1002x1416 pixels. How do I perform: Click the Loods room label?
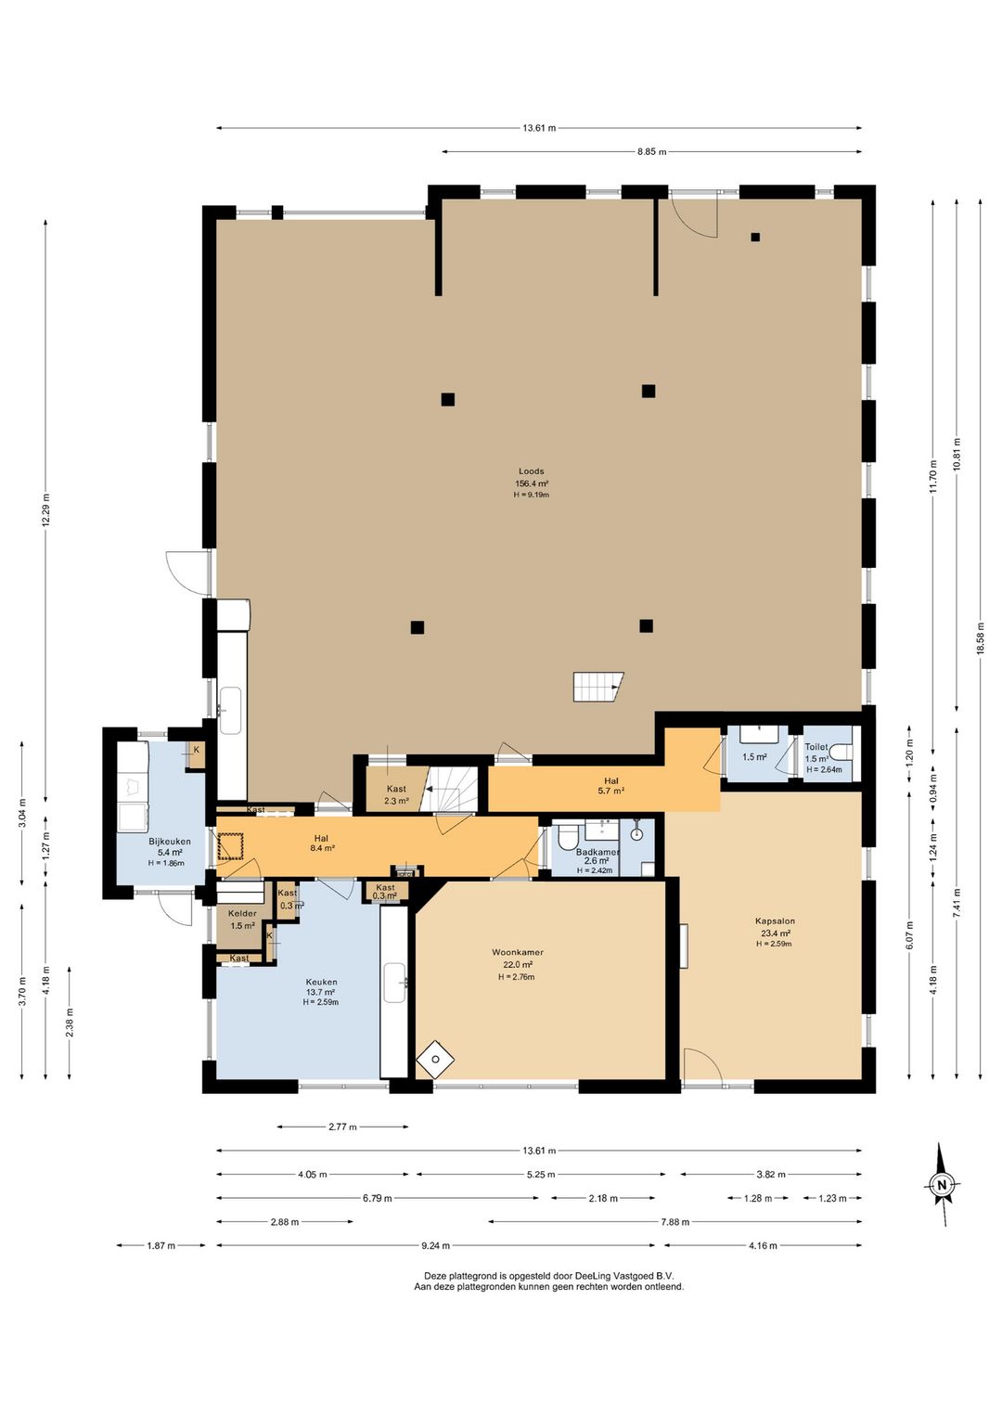click(531, 471)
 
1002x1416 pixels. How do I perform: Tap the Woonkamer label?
click(517, 952)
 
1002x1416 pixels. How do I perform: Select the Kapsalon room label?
click(775, 921)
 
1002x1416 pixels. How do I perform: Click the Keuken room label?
click(321, 982)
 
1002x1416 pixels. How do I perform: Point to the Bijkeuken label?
click(170, 842)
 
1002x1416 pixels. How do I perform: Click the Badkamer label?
click(597, 852)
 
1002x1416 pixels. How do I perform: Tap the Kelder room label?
click(242, 913)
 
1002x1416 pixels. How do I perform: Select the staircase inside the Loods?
click(598, 687)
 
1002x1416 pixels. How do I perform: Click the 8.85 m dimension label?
click(651, 152)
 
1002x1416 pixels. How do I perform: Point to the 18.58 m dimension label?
click(980, 638)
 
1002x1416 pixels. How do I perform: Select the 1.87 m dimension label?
click(161, 1245)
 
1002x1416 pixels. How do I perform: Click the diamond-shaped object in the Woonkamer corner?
click(435, 1059)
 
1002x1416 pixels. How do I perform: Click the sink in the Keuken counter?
click(395, 983)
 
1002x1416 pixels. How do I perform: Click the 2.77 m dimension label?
click(342, 1126)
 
